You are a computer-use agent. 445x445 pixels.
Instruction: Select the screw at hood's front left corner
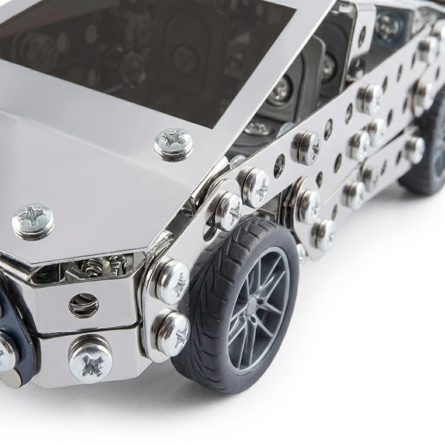pos(33,221)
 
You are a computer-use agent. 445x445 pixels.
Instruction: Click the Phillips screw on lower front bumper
pos(90,360)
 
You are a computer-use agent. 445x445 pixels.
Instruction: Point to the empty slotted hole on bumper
pos(83,305)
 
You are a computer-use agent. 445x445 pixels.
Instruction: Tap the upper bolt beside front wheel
pos(171,281)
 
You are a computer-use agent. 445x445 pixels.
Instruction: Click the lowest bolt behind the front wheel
pos(324,235)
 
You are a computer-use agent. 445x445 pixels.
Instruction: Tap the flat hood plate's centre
pos(100,174)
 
